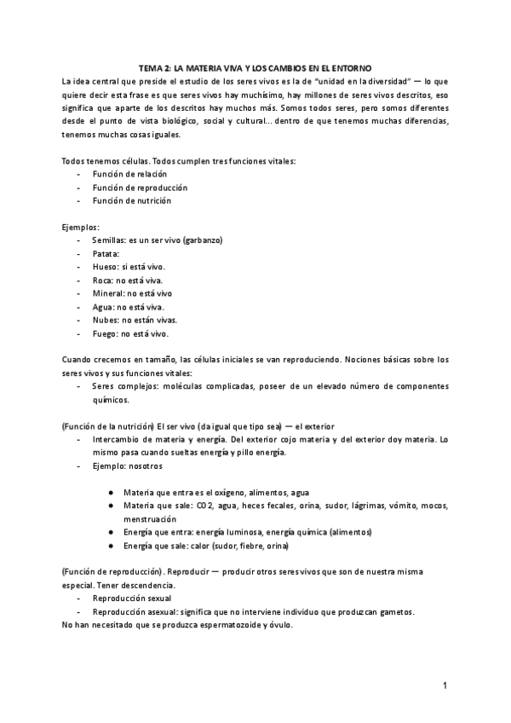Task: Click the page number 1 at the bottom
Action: tap(445, 685)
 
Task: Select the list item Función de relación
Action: tap(130, 173)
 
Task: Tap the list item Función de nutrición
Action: tap(132, 200)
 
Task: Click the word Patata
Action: tap(106, 253)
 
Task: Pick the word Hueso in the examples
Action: tap(106, 267)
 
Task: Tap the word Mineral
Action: tap(109, 293)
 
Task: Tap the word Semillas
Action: tap(111, 240)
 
